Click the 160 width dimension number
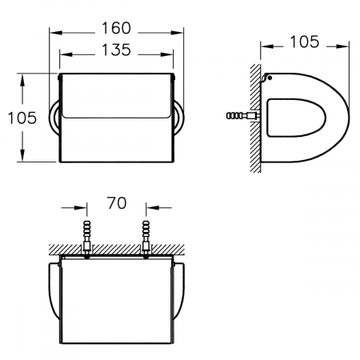coord(116,28)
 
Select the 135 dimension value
coord(116,50)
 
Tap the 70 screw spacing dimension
coord(117,203)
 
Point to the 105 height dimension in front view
coord(22,118)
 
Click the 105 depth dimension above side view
coord(304,42)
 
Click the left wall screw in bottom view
coord(87,239)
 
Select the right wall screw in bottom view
coord(146,239)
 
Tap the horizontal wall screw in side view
coord(242,116)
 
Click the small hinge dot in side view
coord(270,78)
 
